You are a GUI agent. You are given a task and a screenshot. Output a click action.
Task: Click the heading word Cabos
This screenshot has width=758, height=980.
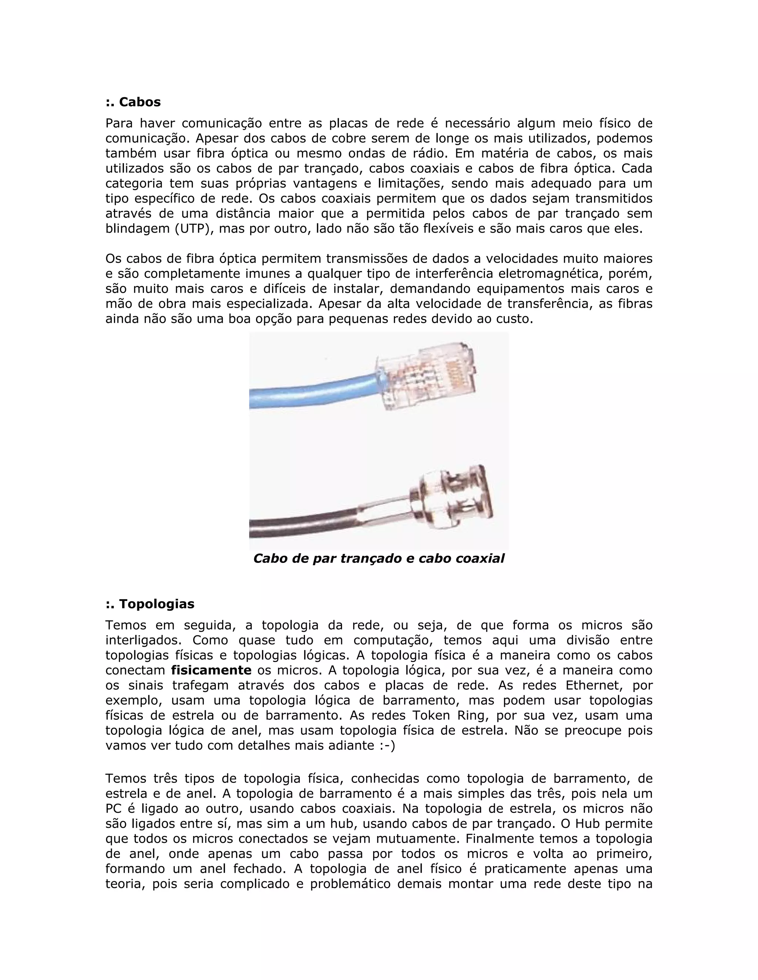(139, 102)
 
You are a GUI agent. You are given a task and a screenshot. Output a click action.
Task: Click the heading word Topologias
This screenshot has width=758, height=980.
(156, 604)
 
